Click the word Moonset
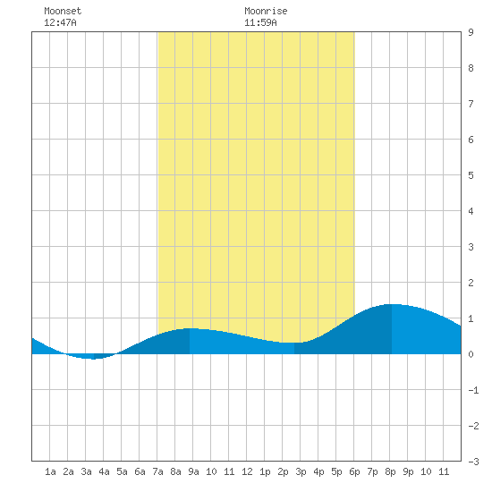(x=63, y=11)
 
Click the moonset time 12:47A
(x=60, y=22)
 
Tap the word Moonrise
(x=266, y=11)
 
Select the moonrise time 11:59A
(x=260, y=22)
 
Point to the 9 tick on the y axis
(x=471, y=32)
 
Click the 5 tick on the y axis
(x=471, y=175)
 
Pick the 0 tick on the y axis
(x=471, y=354)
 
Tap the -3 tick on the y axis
(x=473, y=462)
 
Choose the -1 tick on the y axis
(x=473, y=390)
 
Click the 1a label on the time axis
(x=50, y=471)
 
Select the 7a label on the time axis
(x=157, y=471)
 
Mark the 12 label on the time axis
(x=247, y=471)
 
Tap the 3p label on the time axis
(x=301, y=471)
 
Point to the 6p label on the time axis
(x=354, y=471)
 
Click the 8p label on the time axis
(x=390, y=471)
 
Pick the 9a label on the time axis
(x=193, y=471)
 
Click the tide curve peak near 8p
(x=392, y=304)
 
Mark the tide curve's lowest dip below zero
(x=94, y=359)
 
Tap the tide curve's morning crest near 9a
(x=190, y=328)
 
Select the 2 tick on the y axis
(x=471, y=283)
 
